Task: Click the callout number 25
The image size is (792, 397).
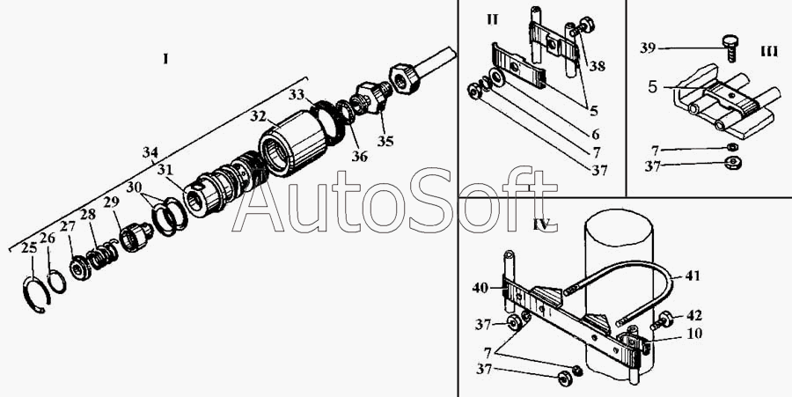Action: [29, 249]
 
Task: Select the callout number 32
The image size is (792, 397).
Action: [257, 115]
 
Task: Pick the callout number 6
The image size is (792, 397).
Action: [597, 134]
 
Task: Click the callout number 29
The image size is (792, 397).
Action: [111, 203]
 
